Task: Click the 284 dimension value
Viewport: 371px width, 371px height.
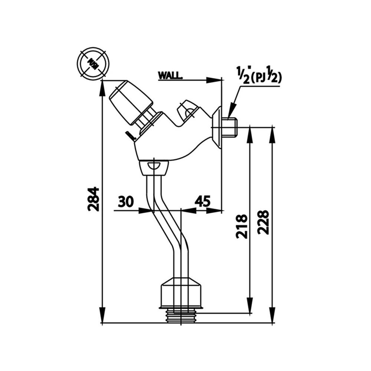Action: pyautogui.click(x=93, y=199)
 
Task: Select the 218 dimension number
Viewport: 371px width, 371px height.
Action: pyautogui.click(x=242, y=226)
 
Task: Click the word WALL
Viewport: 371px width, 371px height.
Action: pyautogui.click(x=170, y=75)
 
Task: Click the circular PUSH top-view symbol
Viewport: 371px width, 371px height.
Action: pyautogui.click(x=93, y=63)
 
